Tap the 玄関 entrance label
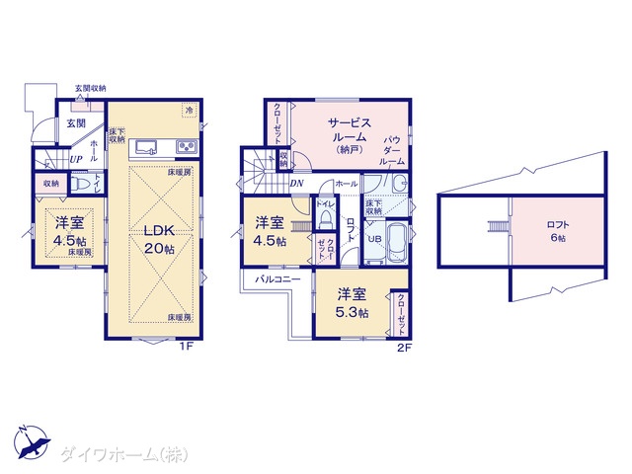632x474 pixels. pyautogui.click(x=76, y=123)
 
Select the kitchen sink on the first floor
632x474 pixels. pyautogui.click(x=145, y=148)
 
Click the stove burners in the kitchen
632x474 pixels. pyautogui.click(x=185, y=148)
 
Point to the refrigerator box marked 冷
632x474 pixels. pyautogui.click(x=188, y=110)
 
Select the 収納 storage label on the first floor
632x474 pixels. pyautogui.click(x=50, y=183)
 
